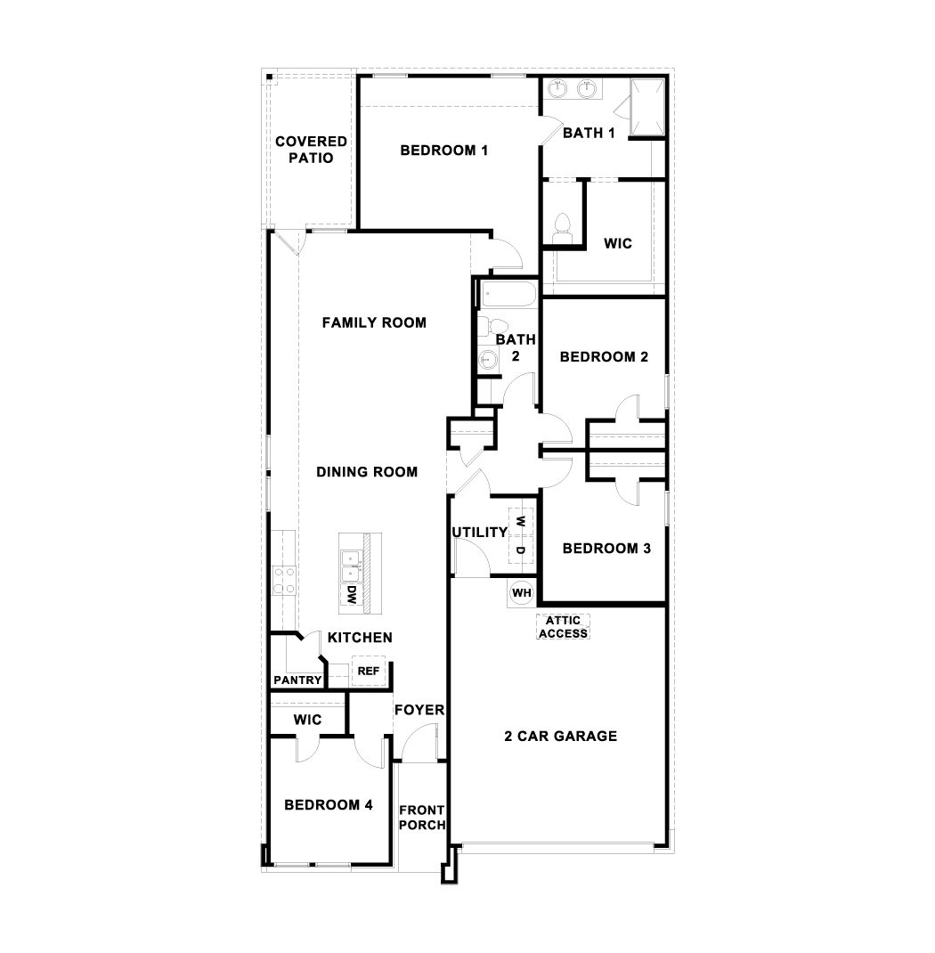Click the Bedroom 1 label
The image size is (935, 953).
click(443, 150)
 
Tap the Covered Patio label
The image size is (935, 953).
click(311, 150)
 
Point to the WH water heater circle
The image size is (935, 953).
click(521, 591)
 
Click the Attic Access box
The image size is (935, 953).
click(563, 627)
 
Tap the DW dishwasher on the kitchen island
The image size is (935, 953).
click(351, 596)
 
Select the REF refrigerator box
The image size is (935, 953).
click(368, 671)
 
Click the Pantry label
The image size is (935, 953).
click(297, 680)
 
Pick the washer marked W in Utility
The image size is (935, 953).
click(521, 521)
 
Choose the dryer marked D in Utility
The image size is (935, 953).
click(521, 549)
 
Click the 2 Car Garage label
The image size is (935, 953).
click(561, 736)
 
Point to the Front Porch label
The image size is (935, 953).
click(422, 817)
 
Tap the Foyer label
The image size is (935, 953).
click(419, 710)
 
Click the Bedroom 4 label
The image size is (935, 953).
click(328, 805)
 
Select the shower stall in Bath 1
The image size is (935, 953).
click(646, 107)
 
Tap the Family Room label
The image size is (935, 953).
click(374, 322)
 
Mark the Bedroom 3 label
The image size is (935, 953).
click(606, 549)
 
